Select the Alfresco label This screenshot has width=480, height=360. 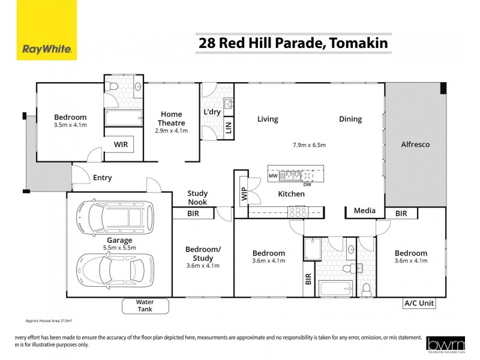tap(415, 145)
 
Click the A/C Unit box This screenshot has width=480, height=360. tap(418, 304)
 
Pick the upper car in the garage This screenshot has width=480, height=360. tap(115, 221)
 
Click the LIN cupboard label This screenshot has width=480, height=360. tap(228, 127)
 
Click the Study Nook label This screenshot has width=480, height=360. tap(197, 197)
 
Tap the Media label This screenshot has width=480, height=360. tap(364, 211)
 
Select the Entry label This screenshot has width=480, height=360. tap(102, 178)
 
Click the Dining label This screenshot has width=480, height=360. tap(350, 119)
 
